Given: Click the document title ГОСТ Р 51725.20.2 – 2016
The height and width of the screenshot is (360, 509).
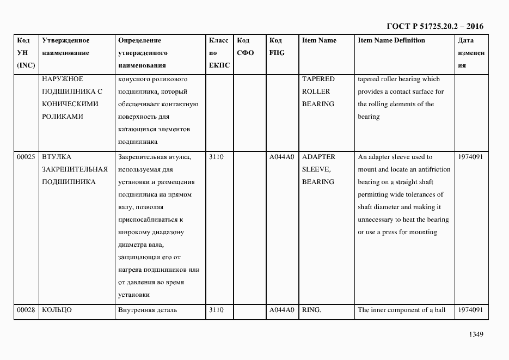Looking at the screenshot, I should [x=434, y=26].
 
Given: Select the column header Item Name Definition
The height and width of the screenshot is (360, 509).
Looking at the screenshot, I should [x=391, y=40].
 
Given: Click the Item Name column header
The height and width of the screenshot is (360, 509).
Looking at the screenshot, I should [x=319, y=40].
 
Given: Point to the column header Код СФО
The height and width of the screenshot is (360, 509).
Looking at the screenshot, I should [x=246, y=47].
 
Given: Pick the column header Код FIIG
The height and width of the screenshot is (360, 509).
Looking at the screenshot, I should [x=277, y=47].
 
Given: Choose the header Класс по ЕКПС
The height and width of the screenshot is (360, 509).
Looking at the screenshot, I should [x=219, y=53].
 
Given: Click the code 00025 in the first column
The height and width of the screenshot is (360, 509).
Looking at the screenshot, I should [x=26, y=157].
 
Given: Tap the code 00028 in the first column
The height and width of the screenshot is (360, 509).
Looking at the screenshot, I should [x=26, y=310].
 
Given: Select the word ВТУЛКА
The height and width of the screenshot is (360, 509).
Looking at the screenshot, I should [x=56, y=157].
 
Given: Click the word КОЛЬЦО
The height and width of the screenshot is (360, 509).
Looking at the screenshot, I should [x=57, y=310].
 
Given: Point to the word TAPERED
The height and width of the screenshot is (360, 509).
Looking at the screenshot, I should [x=318, y=79].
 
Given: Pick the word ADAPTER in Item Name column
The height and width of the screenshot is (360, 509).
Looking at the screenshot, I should [x=318, y=157].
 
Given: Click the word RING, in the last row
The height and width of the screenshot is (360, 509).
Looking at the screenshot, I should [x=312, y=310].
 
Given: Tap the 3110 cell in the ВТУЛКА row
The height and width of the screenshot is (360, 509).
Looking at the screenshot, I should [x=216, y=157].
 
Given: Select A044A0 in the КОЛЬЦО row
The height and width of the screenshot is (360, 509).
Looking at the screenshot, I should [x=281, y=310].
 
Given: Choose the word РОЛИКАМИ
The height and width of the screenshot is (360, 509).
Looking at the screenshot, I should [x=63, y=117].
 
